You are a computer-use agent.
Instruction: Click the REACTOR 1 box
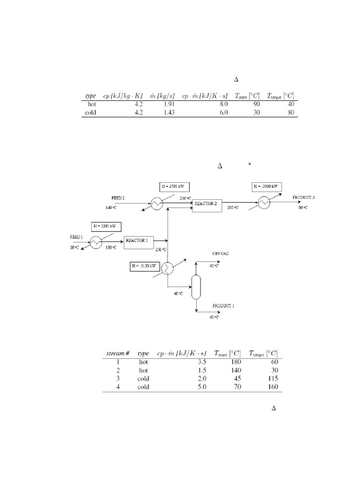coord(137,240)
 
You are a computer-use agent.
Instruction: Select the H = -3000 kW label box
coord(267,187)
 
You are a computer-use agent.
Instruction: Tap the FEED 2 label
coord(118,198)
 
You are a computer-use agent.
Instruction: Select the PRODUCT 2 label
coord(303,197)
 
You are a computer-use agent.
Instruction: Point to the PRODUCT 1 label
coord(223,306)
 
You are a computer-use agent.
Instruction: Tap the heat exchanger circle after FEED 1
coord(96,242)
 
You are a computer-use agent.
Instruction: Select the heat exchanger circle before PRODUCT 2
coord(264,203)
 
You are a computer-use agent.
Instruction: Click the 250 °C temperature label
coord(161,249)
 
